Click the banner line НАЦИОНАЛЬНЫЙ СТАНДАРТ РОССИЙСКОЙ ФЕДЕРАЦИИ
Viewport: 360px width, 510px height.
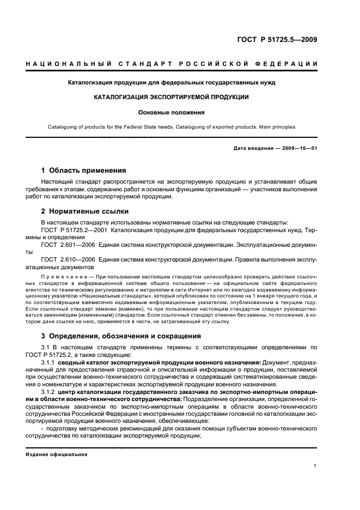(172, 65)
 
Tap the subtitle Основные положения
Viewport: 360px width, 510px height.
(171, 113)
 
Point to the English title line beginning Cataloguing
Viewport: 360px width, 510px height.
(171, 127)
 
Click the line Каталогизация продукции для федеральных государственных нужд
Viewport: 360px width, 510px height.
(171, 83)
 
